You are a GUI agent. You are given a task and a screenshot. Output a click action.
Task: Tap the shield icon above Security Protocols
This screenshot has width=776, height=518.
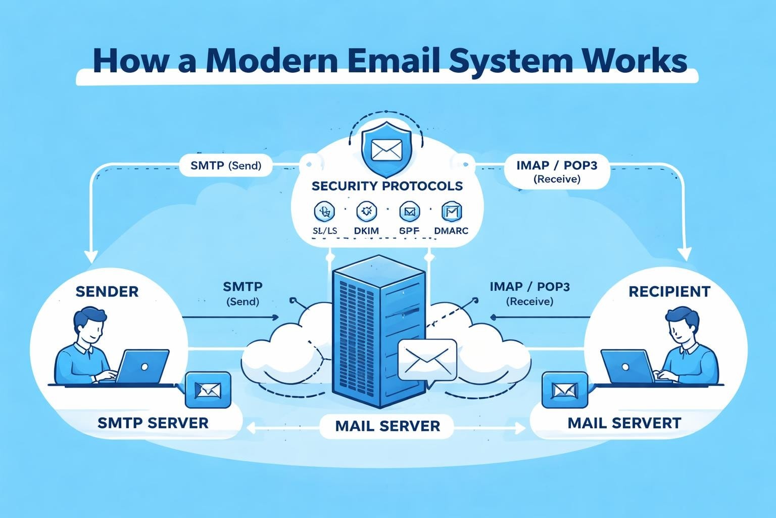pos(386,148)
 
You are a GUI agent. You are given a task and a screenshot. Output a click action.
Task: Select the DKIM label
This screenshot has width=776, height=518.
pos(366,231)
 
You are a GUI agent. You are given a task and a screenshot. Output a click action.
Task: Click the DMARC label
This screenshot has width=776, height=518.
pos(451,231)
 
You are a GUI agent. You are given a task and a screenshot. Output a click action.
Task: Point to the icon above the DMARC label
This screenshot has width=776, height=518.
pos(451,212)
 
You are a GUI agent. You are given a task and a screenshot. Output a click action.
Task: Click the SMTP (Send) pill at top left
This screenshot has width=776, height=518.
pos(226,165)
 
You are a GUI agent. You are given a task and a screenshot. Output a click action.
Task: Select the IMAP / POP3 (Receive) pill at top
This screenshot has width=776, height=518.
pos(557,171)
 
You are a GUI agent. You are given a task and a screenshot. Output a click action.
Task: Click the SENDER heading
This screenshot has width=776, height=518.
pos(107,291)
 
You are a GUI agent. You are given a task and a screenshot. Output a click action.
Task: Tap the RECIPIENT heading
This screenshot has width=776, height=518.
pos(669,291)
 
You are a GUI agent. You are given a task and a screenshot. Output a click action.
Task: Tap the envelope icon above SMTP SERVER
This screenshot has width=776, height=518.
pos(208,390)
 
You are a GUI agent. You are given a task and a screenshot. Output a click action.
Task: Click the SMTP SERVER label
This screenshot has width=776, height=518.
pos(153,423)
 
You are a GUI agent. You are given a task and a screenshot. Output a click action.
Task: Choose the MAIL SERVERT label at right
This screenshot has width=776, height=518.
pos(624,423)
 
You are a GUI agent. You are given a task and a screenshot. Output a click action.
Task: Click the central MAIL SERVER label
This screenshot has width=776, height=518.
pos(387,425)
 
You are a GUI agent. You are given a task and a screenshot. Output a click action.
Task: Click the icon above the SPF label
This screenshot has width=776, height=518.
pos(409,212)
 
